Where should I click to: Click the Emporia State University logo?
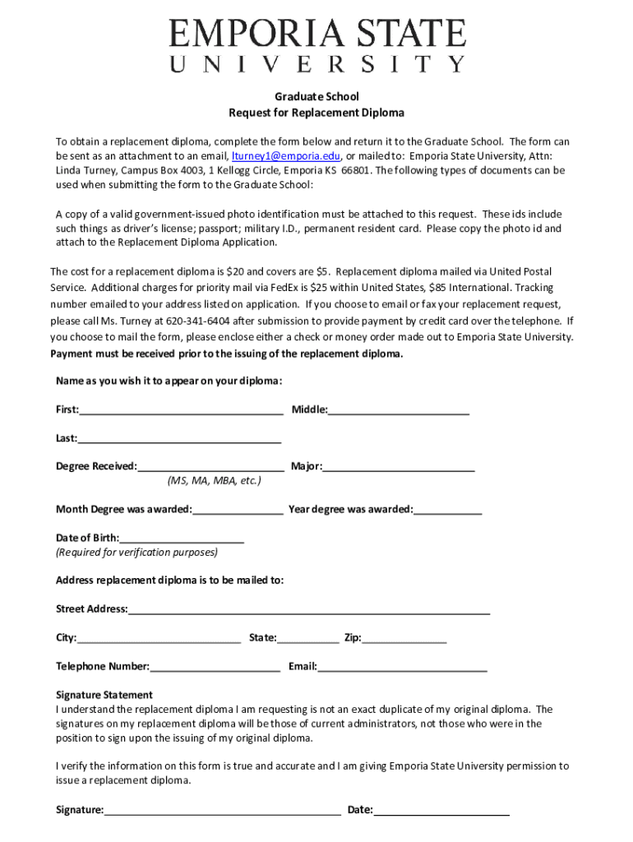pyautogui.click(x=317, y=46)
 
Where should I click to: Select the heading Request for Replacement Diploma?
pyautogui.click(x=316, y=113)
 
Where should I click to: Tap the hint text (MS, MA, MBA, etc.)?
pyautogui.click(x=214, y=480)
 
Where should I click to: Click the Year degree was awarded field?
pyautogui.click(x=448, y=509)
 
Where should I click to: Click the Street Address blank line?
pyautogui.click(x=309, y=608)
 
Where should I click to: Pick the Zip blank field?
pyautogui.click(x=404, y=637)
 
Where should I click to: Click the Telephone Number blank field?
pyautogui.click(x=215, y=666)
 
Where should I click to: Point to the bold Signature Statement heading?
pyautogui.click(x=104, y=695)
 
